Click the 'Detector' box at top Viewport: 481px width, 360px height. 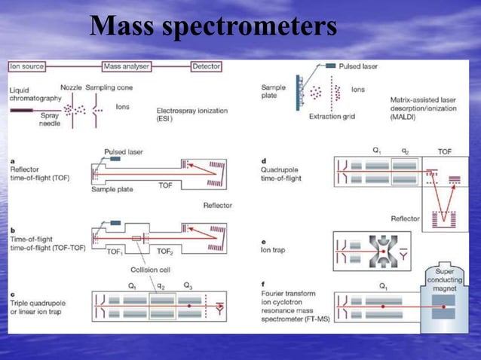[x=206, y=67]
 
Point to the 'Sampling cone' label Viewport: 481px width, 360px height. [x=109, y=87]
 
